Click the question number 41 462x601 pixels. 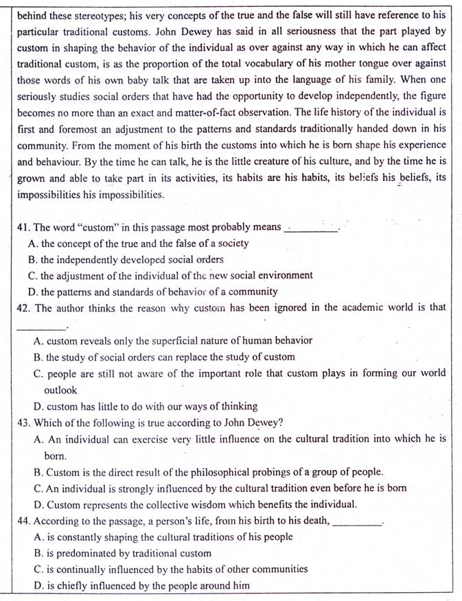[23, 227]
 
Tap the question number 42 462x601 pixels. [23, 307]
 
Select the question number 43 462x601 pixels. [23, 422]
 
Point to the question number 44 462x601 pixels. [23, 521]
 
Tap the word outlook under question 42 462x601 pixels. [60, 390]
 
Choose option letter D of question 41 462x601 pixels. [33, 292]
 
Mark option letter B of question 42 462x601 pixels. [38, 357]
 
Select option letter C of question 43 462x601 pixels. [38, 488]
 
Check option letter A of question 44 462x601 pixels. [38, 537]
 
